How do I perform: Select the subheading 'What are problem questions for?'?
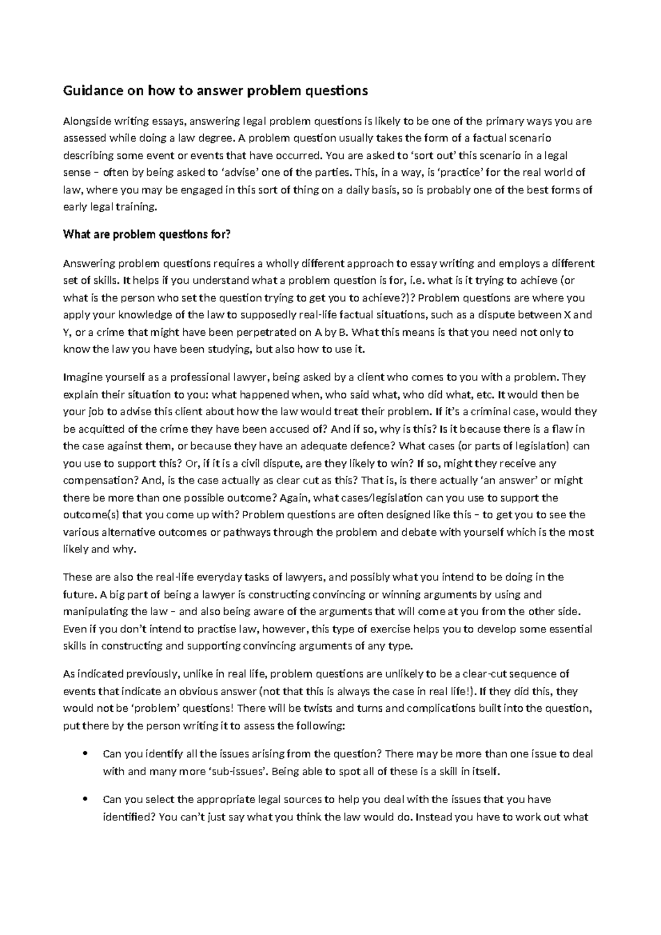[x=146, y=235]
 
